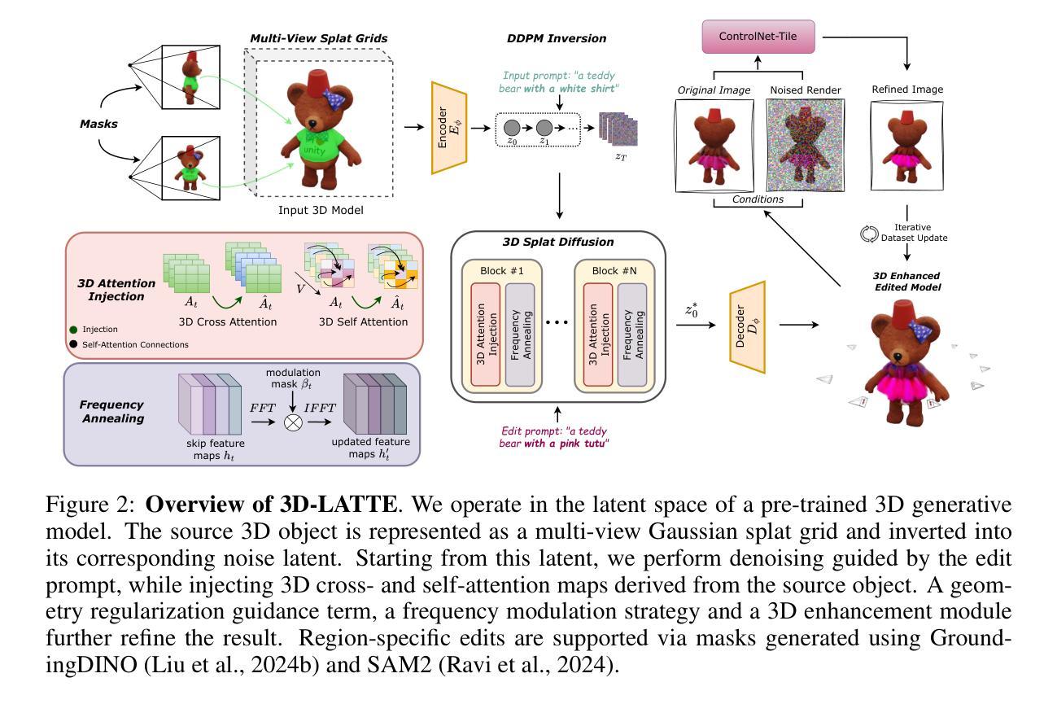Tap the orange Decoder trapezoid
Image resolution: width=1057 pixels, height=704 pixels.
[747, 327]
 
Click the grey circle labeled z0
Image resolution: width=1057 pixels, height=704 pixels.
[513, 128]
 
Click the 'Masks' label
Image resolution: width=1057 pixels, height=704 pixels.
[98, 125]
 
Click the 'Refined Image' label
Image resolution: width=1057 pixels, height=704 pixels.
[907, 90]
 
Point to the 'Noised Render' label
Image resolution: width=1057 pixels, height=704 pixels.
[805, 90]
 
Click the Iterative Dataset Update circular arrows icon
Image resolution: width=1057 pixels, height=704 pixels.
[868, 234]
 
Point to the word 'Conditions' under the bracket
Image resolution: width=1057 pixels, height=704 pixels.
[757, 199]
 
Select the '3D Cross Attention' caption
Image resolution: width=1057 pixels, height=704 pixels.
[231, 322]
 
